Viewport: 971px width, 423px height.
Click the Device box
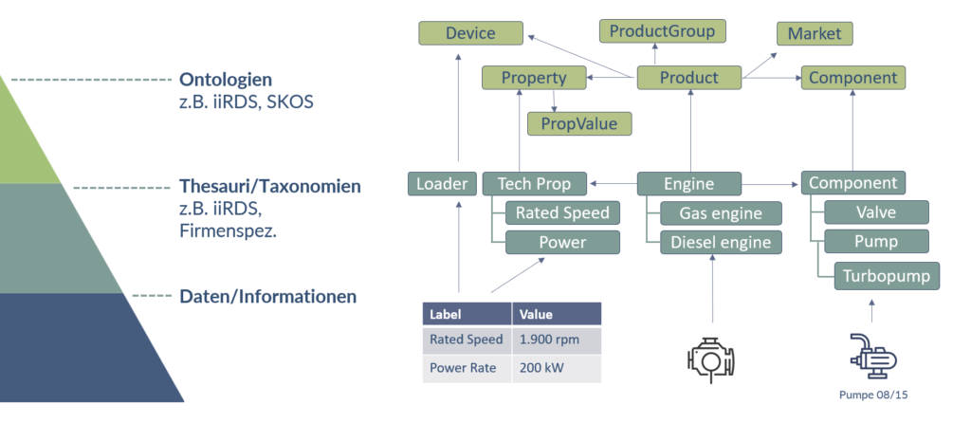point(470,33)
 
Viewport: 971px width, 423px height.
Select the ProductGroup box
point(662,30)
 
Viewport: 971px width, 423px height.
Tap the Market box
point(815,34)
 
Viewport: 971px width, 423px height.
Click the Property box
point(533,78)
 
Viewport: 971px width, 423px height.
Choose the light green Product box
point(688,78)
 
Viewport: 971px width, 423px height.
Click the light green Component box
point(853,78)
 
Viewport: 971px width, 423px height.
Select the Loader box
point(442,183)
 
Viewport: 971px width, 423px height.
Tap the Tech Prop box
point(533,183)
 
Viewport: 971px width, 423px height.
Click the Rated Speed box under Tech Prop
point(561,212)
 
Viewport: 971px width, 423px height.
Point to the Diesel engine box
point(722,242)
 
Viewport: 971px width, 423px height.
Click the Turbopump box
point(887,276)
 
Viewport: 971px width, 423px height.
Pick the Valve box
point(875,212)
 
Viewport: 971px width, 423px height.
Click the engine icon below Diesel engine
point(711,357)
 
